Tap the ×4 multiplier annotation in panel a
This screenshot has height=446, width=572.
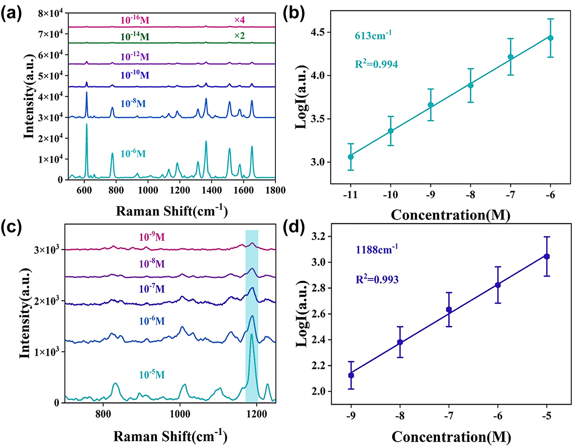pos(239,20)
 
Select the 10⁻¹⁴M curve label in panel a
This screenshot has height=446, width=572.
pos(134,37)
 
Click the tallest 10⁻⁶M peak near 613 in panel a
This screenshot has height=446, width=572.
pos(86,125)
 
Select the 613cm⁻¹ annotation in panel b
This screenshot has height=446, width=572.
pos(373,35)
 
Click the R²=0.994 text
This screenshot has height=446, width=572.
pos(376,64)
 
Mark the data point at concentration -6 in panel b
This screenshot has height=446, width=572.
pos(550,38)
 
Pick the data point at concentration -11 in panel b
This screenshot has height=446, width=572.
pos(351,157)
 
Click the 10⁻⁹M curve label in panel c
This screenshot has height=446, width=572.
pos(152,237)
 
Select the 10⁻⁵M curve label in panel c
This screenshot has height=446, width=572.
pos(152,375)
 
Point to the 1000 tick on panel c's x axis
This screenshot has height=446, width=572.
pos(179,414)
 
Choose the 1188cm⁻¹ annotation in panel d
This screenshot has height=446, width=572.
pos(377,250)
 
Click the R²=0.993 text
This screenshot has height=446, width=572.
pos(377,279)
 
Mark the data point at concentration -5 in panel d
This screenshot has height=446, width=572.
pos(547,257)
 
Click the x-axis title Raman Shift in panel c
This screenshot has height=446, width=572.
pos(170,436)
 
